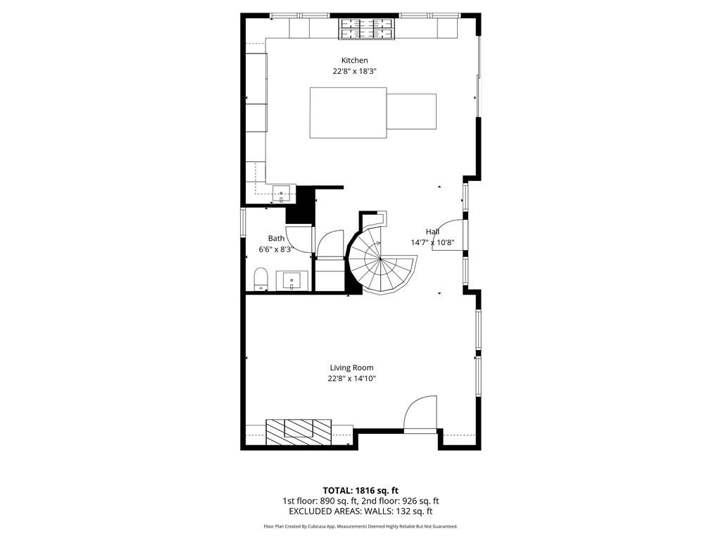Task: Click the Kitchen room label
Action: pos(354,61)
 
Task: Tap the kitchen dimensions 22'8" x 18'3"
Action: pos(354,71)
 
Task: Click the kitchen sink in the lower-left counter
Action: pos(283,192)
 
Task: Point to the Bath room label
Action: pos(276,239)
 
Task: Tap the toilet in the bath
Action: pos(260,279)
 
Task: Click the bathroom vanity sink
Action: pos(293,281)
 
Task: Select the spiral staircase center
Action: pos(380,259)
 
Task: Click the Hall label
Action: pos(432,232)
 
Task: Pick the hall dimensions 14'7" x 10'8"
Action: pos(432,242)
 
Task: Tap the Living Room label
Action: pos(351,368)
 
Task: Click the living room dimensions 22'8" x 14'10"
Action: pos(351,378)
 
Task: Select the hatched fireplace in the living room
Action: pos(299,430)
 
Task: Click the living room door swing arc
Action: pos(420,412)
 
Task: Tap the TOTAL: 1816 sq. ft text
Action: pos(360,490)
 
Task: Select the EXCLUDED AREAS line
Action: pos(360,511)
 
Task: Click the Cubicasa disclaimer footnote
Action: pos(360,526)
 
